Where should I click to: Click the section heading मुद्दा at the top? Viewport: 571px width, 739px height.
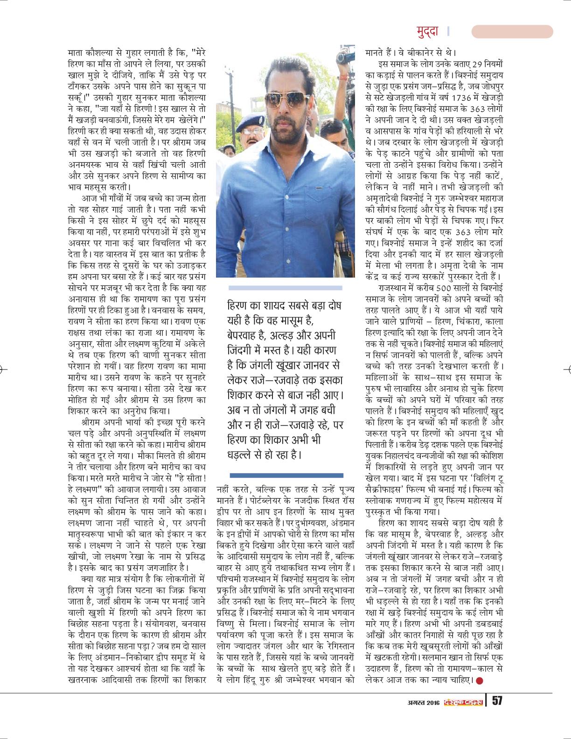click(x=427, y=31)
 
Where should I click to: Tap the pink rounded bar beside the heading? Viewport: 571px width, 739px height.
click(x=512, y=31)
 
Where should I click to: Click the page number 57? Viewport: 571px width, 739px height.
click(x=496, y=701)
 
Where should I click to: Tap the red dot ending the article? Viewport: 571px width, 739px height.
click(x=480, y=681)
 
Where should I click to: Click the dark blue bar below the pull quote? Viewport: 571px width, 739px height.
click(x=286, y=475)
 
